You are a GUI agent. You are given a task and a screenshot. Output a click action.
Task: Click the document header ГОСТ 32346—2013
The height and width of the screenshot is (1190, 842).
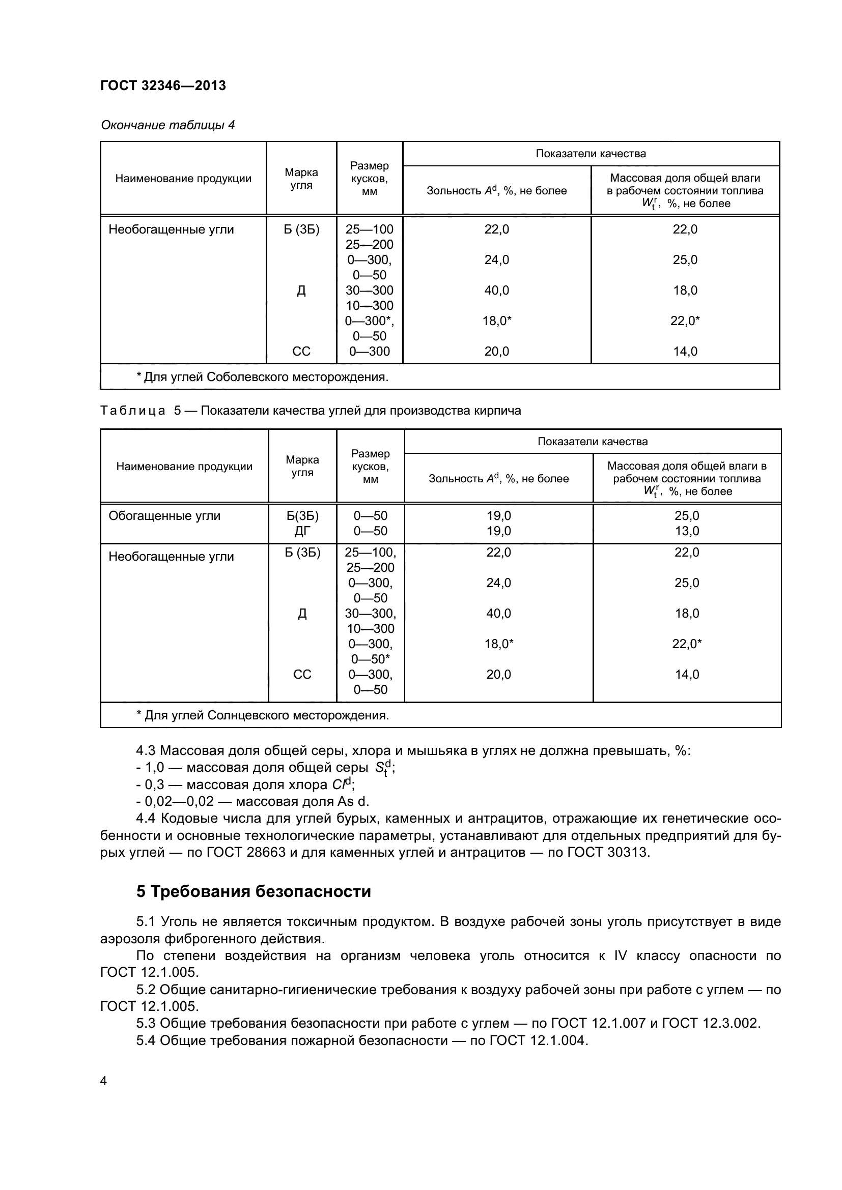click(x=163, y=85)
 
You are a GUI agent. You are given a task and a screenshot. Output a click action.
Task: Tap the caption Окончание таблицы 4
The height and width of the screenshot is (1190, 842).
click(x=167, y=125)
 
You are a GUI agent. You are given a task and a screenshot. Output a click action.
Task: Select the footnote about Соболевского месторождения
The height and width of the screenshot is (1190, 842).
click(x=262, y=377)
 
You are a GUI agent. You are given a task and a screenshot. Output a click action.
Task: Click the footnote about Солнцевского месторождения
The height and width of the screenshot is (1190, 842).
click(x=262, y=715)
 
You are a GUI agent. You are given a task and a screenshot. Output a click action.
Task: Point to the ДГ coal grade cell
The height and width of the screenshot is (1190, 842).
click(x=302, y=531)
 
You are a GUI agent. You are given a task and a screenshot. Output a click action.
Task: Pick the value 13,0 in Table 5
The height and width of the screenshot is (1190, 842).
click(x=686, y=531)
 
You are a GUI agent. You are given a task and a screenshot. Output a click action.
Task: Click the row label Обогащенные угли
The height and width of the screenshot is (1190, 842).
click(x=164, y=516)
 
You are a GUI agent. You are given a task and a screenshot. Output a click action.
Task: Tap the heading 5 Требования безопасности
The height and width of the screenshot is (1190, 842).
click(x=254, y=891)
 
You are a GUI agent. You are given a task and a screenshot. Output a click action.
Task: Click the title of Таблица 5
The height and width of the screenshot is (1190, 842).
click(x=310, y=411)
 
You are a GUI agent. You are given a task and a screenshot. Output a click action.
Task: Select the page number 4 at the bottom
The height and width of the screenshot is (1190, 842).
click(x=104, y=1081)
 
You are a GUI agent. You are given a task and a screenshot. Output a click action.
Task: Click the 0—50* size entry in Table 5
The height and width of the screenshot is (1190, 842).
click(x=370, y=659)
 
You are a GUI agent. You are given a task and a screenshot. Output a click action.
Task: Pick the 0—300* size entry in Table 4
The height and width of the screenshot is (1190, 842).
click(x=369, y=321)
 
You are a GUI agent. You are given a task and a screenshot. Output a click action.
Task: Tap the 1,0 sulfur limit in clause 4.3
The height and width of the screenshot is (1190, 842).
click(x=154, y=767)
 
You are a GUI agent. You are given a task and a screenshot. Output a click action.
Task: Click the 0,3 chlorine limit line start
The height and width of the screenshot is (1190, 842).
click(x=154, y=784)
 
